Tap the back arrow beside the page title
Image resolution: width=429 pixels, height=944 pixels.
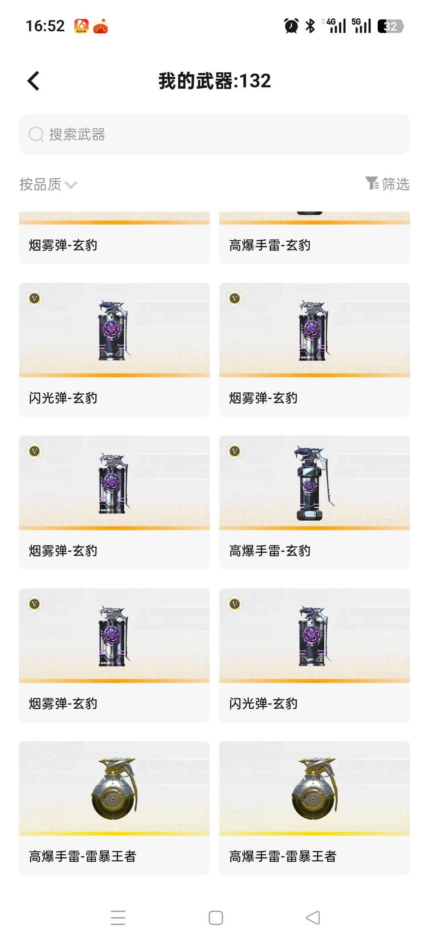34,81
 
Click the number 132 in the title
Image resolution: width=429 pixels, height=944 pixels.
255,81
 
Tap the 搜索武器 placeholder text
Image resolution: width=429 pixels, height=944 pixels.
77,134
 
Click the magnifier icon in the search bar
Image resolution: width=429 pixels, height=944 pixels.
36,134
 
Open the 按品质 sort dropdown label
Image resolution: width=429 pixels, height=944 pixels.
41,184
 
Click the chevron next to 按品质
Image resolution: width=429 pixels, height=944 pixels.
71,185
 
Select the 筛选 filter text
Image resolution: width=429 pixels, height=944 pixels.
396,184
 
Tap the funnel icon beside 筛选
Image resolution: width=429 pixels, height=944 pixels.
372,183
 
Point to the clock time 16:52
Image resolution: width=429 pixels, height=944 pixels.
45,26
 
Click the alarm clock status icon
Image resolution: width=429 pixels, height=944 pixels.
291,26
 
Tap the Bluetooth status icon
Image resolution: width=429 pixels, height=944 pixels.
310,26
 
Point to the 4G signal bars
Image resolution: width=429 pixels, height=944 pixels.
336,26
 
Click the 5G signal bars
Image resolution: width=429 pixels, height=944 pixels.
361,26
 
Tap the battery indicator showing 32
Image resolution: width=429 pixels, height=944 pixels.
390,26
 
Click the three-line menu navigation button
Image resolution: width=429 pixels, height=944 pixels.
118,917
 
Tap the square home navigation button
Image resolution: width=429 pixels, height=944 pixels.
216,918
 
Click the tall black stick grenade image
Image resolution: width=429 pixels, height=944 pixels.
312,483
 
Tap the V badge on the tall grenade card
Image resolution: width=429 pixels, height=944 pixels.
235,451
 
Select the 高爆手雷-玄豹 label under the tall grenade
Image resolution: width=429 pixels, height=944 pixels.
270,551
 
